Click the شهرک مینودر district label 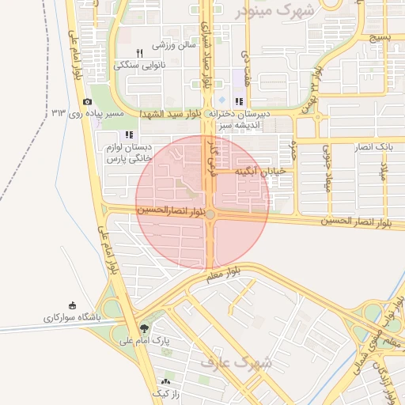click(x=274, y=10)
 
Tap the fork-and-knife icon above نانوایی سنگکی click(x=139, y=53)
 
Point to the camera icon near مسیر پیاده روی click(x=87, y=101)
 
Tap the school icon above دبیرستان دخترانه click(x=239, y=100)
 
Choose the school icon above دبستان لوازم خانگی click(x=129, y=134)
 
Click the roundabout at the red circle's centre click(x=210, y=214)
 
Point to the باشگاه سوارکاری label click(x=74, y=317)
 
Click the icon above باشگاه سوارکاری click(x=74, y=305)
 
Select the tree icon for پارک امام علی click(x=143, y=328)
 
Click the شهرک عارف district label click(x=236, y=362)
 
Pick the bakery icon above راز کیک click(x=166, y=381)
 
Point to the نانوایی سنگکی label click(x=139, y=65)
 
